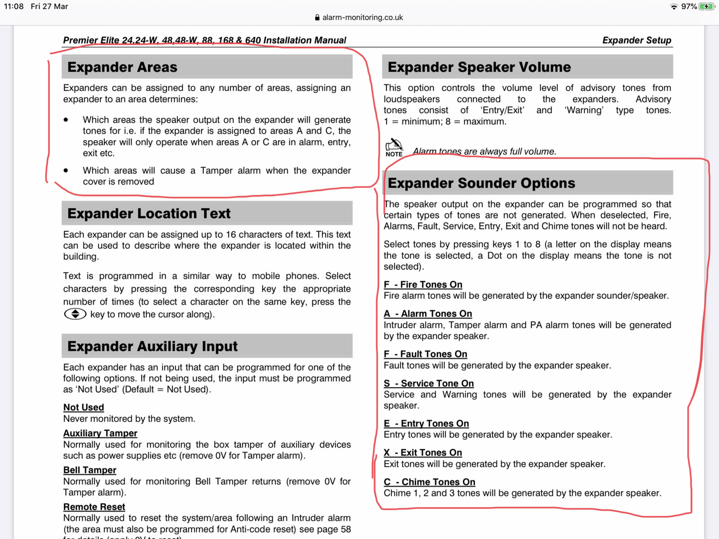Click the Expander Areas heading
pos(122,67)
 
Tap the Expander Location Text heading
pos(149,213)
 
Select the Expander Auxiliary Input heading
pos(152,346)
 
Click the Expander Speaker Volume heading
pos(479,67)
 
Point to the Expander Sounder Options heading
pos(481,183)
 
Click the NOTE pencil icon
pos(394,146)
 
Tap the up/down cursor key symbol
pos(75,314)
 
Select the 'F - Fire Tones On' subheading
pos(423,284)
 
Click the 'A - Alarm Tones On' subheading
pos(428,314)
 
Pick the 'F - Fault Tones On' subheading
pos(426,354)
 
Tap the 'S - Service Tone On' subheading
pos(429,383)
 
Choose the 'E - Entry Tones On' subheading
pos(426,423)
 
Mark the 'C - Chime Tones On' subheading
pos(430,482)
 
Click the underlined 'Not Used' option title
pos(84,407)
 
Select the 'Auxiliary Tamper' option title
pos(100,433)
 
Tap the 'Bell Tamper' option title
pos(90,470)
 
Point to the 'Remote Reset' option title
pos(94,507)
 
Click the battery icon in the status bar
pos(706,6)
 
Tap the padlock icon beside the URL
pos(317,18)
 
